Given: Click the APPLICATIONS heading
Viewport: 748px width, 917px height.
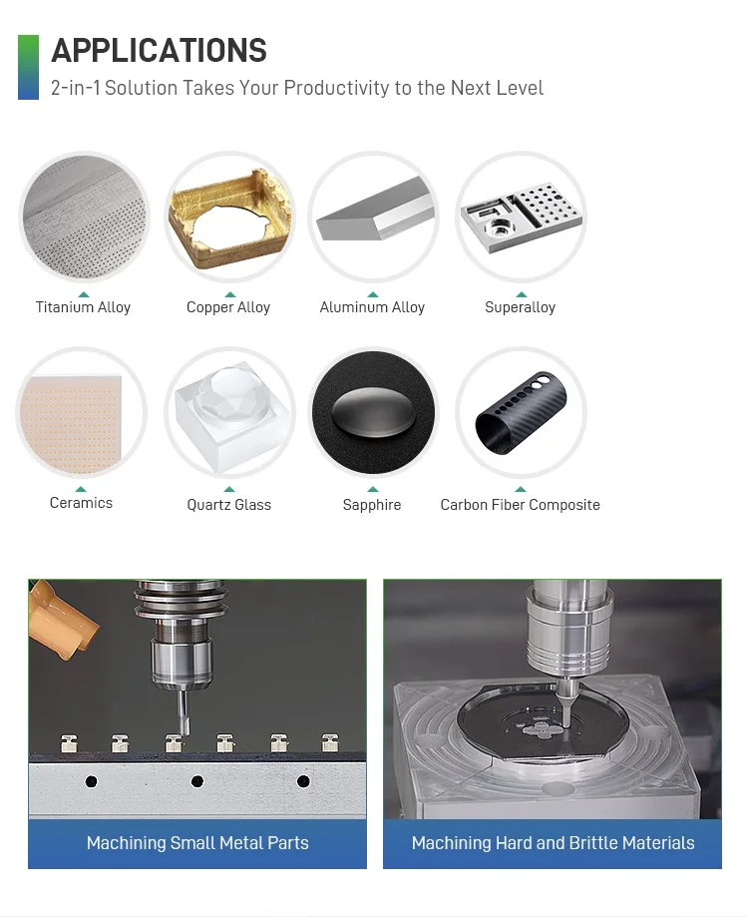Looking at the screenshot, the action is click(159, 50).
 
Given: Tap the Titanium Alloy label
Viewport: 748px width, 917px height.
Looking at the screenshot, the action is click(83, 307).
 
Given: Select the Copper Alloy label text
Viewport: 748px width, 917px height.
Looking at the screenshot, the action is click(228, 307).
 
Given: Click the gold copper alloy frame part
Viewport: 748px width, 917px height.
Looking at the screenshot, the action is click(229, 218).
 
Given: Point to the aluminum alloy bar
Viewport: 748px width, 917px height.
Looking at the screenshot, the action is click(376, 210).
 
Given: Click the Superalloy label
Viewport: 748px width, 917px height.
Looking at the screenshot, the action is click(520, 307).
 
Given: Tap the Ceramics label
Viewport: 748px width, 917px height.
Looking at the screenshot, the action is click(81, 503).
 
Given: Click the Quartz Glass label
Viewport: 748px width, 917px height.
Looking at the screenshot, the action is click(229, 505).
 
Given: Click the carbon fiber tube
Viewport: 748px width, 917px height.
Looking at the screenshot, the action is click(522, 413).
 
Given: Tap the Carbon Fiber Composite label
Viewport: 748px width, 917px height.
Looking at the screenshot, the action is click(520, 505).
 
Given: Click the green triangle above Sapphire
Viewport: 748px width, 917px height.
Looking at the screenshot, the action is click(373, 490).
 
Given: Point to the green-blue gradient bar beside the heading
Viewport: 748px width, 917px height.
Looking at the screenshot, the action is click(28, 67).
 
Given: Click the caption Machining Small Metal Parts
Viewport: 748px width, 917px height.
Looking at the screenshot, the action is click(197, 843).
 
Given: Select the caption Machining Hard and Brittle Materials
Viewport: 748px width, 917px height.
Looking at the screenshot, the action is click(553, 843).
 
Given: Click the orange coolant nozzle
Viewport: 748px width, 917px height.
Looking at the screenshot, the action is click(62, 619).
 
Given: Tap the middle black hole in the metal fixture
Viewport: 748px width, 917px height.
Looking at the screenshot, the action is click(196, 781).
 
